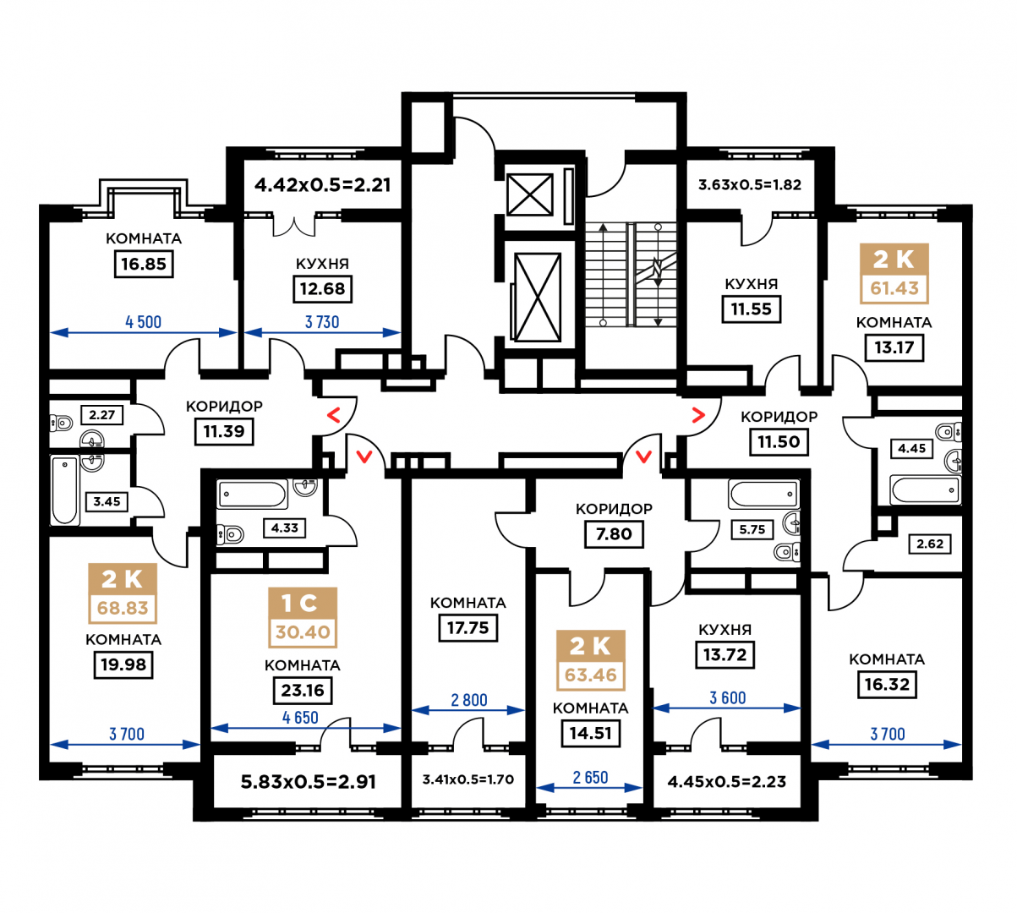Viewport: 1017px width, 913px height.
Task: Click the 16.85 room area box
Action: pyautogui.click(x=144, y=264)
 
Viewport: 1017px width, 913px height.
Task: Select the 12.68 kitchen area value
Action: pyautogui.click(x=322, y=289)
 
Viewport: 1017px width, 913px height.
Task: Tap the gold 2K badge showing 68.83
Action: pyautogui.click(x=123, y=593)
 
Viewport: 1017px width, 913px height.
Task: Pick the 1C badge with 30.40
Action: pyautogui.click(x=303, y=618)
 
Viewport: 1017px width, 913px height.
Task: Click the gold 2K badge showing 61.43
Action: pyautogui.click(x=894, y=274)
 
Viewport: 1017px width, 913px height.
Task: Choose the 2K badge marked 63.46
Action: pyautogui.click(x=590, y=661)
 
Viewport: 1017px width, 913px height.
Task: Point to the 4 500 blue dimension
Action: pyautogui.click(x=144, y=322)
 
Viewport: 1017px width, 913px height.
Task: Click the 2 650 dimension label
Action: pyautogui.click(x=590, y=778)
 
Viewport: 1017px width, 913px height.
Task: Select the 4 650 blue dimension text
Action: pyautogui.click(x=300, y=718)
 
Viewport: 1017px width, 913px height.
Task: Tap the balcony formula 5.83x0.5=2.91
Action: pyautogui.click(x=309, y=782)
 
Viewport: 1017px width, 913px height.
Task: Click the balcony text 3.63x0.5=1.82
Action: pyautogui.click(x=750, y=184)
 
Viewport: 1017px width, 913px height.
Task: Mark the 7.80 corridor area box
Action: pyautogui.click(x=614, y=534)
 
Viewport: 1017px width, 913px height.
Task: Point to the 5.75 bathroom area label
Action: pyautogui.click(x=752, y=529)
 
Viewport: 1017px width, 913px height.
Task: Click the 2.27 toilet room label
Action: pyautogui.click(x=102, y=414)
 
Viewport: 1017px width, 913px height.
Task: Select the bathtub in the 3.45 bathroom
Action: pyautogui.click(x=65, y=489)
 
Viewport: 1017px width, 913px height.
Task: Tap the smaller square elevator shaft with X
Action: pyautogui.click(x=529, y=194)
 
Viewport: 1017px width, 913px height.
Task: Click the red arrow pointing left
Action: pyautogui.click(x=334, y=415)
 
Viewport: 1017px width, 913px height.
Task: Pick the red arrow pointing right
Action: pyautogui.click(x=698, y=415)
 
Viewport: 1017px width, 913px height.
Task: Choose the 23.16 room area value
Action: pyautogui.click(x=303, y=690)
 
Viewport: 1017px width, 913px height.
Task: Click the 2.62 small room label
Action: pyautogui.click(x=930, y=544)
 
